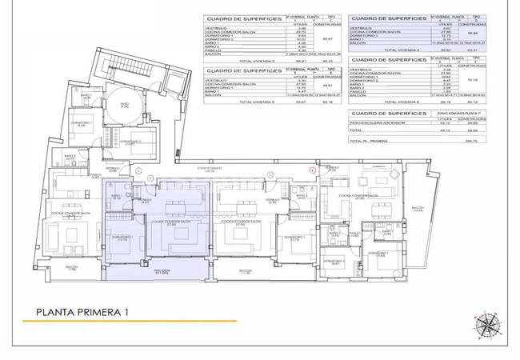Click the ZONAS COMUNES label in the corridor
click(212, 169)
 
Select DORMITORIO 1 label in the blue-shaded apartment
click(121, 238)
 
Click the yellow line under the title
click(128, 322)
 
